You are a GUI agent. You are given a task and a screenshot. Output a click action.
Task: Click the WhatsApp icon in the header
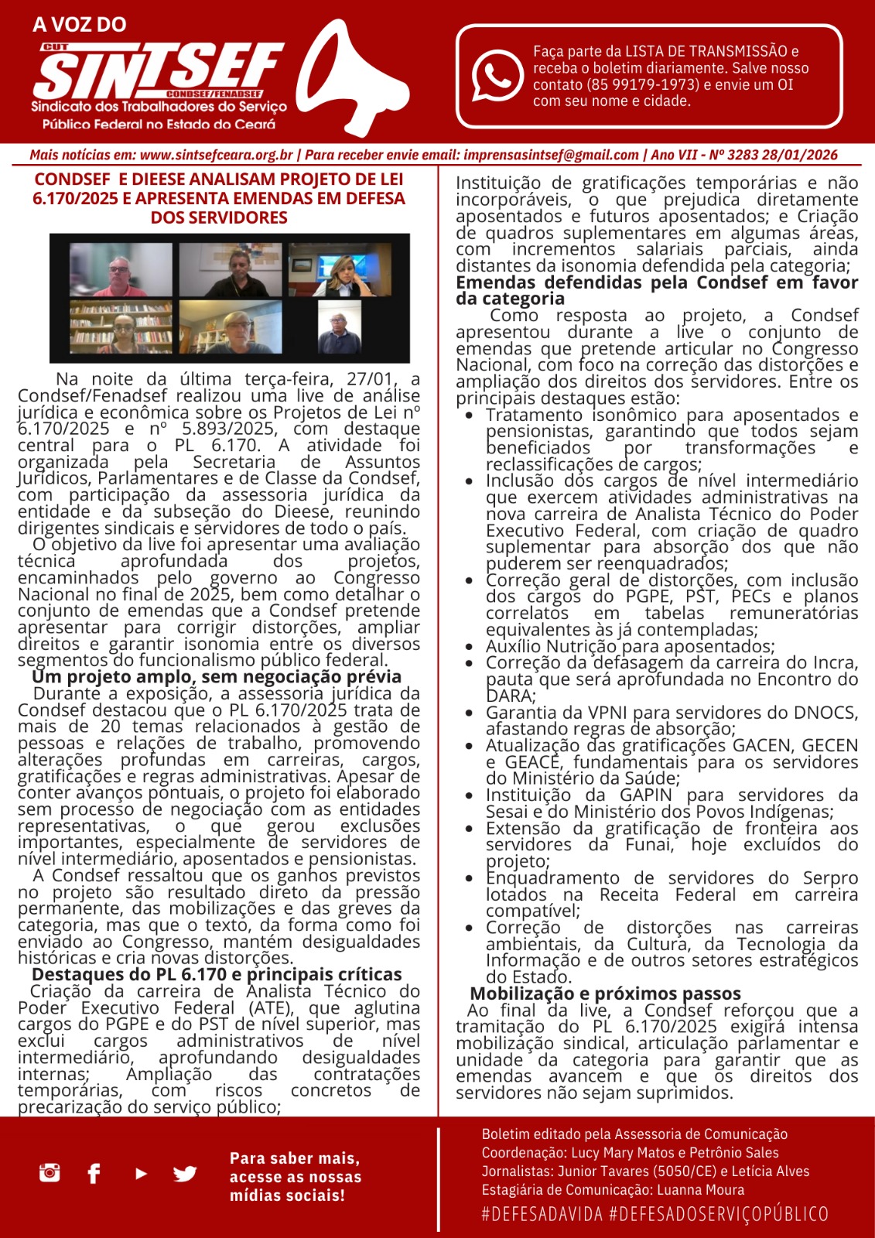(x=497, y=74)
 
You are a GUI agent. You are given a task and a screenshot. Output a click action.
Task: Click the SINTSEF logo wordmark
(x=159, y=71)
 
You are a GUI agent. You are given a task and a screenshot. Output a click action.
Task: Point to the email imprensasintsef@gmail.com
(x=551, y=155)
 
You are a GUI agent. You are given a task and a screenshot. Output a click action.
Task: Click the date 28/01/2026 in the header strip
(x=799, y=155)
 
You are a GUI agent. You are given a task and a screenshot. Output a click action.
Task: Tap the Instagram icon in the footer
(x=50, y=1172)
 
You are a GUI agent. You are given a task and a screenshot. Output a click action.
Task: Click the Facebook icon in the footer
(x=94, y=1174)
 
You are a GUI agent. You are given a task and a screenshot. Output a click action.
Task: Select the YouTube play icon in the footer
(x=141, y=1174)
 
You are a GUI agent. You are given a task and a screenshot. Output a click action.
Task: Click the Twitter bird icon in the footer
(x=185, y=1174)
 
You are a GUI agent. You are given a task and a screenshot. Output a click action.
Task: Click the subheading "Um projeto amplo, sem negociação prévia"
(x=217, y=677)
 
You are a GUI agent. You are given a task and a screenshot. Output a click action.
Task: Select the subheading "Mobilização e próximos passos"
(x=605, y=993)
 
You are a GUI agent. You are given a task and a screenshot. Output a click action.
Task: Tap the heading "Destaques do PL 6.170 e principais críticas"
(x=217, y=974)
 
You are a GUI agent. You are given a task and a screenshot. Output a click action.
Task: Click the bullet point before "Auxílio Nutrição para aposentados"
(x=470, y=647)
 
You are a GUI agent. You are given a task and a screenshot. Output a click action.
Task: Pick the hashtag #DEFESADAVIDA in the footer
(x=542, y=1214)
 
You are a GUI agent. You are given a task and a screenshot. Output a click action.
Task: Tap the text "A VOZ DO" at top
(x=79, y=25)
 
